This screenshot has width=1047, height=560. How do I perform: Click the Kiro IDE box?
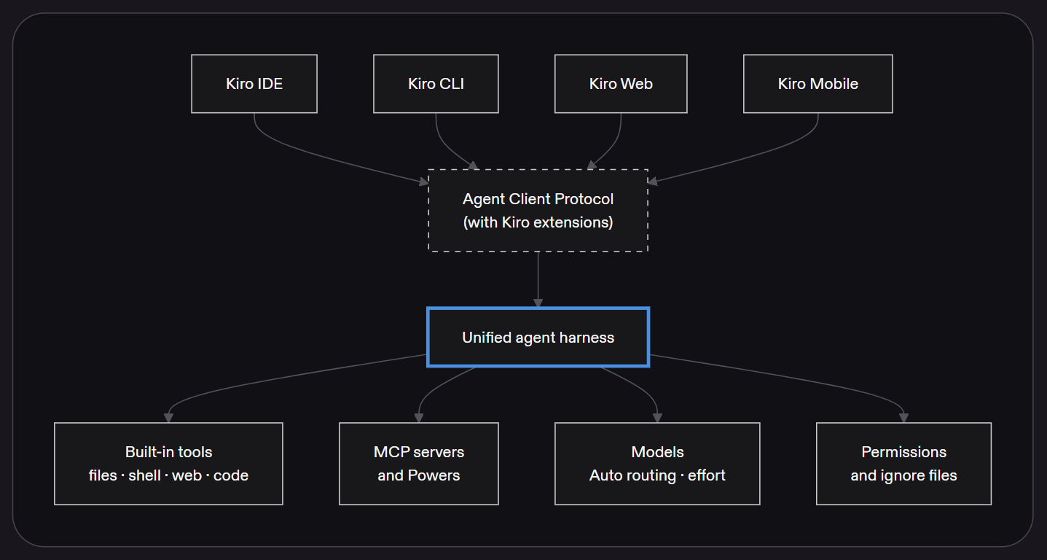click(254, 84)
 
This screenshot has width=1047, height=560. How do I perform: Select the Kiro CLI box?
click(436, 84)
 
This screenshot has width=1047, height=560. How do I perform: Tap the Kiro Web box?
click(621, 84)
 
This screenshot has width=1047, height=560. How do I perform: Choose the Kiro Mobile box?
click(818, 84)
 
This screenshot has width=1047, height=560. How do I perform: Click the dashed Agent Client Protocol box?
click(538, 211)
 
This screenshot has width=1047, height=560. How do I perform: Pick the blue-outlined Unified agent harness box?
click(538, 338)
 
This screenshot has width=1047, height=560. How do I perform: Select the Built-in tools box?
click(168, 464)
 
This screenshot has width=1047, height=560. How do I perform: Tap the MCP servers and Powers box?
click(419, 464)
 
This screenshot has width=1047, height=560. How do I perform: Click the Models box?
click(657, 464)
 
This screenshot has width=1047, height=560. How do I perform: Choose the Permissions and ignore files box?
click(903, 464)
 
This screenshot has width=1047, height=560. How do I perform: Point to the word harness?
click(587, 338)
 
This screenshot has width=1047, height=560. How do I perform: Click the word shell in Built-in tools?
click(144, 475)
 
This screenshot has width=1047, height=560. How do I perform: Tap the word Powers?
click(434, 475)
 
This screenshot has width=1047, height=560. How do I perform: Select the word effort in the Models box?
click(706, 475)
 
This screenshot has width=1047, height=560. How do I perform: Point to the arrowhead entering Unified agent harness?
click(538, 303)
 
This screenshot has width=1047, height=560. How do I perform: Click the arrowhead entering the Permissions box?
click(903, 418)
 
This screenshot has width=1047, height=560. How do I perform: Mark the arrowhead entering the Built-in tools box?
click(168, 418)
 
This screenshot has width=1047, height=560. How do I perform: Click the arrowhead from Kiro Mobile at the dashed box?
click(653, 181)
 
